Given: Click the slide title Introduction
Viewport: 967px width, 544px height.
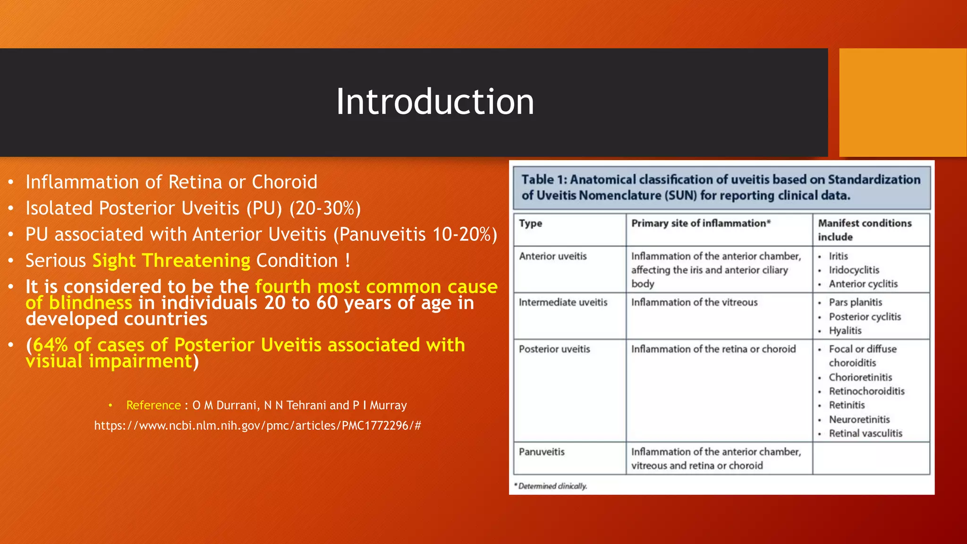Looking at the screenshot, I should pos(435,102).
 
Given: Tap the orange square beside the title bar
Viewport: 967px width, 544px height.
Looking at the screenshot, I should pos(902,102).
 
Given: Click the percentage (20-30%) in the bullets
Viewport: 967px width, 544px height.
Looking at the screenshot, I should pos(325,208).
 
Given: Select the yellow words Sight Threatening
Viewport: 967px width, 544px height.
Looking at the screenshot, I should pos(171,261).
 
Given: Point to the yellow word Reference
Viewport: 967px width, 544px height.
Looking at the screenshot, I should pos(153,405).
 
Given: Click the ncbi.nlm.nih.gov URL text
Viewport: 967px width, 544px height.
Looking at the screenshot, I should pos(257,425).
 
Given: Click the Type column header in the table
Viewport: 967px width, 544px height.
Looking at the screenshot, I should pos(530,223).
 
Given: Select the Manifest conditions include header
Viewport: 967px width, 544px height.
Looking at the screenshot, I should pos(864,229).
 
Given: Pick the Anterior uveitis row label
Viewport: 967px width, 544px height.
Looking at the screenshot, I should pos(552,256).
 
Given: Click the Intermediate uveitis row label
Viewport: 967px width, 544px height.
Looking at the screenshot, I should pos(563,302).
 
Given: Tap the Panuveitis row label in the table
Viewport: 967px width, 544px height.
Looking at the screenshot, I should pos(542,452).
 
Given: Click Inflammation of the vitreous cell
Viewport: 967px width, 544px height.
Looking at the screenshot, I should pos(694,302).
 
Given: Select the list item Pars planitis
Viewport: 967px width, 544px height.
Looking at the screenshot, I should pos(855,302).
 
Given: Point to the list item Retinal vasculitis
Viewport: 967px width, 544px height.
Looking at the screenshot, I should pos(865,433).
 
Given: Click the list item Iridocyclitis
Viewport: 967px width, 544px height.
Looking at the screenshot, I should pos(854,270).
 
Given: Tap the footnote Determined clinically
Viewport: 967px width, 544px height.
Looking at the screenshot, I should pos(552,486).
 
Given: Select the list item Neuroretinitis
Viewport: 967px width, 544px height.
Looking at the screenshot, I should pos(859,419).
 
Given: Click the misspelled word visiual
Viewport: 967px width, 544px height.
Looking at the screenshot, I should pos(55,362).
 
